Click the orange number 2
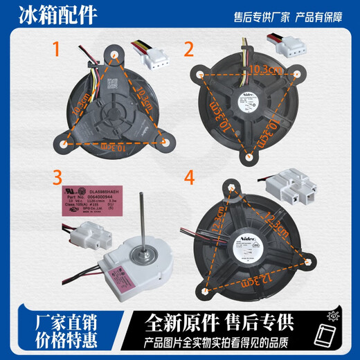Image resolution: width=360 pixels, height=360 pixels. tap(187, 49)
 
